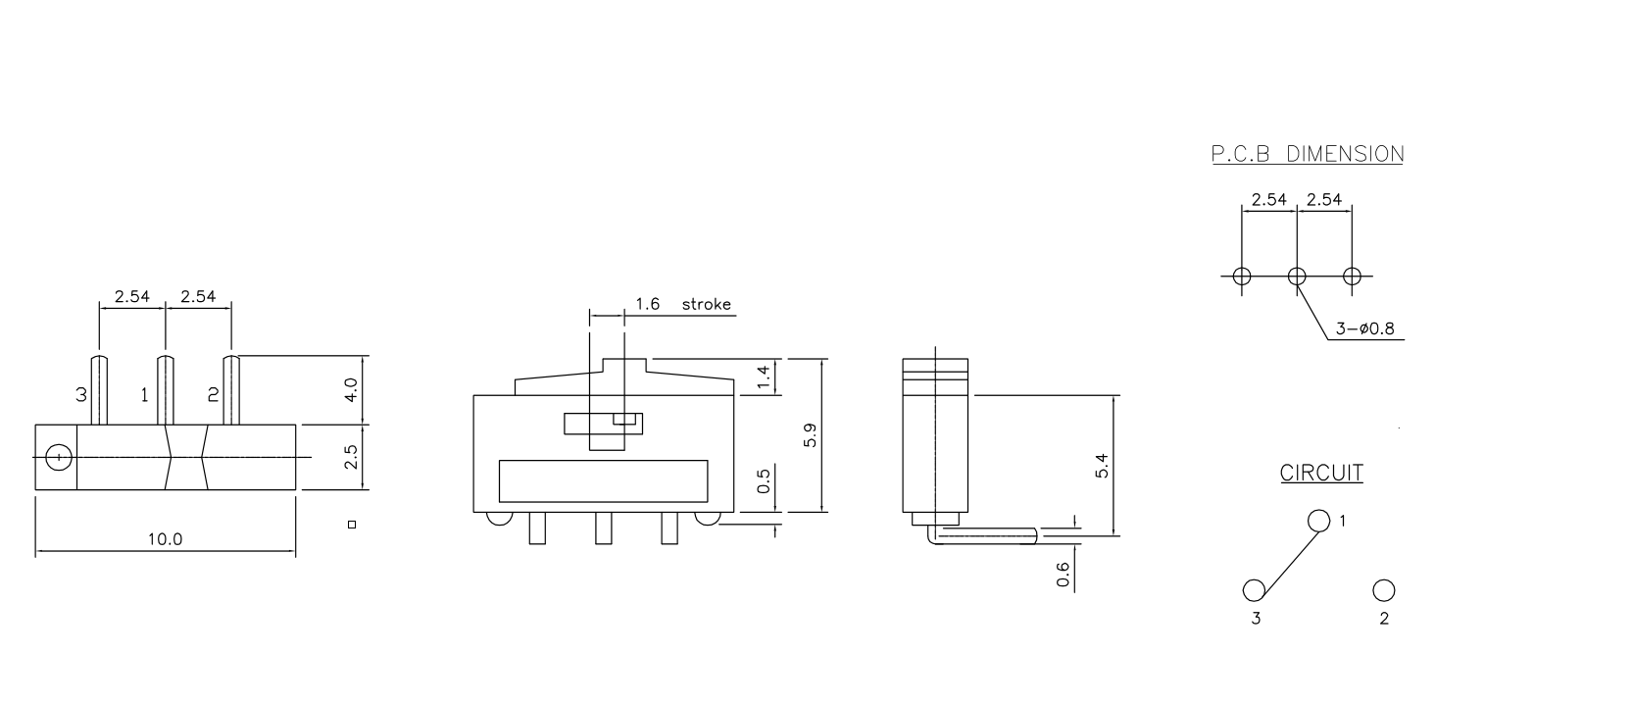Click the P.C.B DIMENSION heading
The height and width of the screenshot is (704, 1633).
tap(1307, 154)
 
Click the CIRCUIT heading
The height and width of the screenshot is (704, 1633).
tap(1321, 473)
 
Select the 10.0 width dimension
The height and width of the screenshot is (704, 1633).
tap(165, 538)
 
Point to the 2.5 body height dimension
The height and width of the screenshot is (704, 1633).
tap(351, 457)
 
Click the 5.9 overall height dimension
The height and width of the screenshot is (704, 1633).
tap(809, 435)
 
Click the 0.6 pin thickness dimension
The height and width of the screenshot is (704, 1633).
tap(1064, 574)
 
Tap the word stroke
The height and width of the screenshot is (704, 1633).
tap(706, 304)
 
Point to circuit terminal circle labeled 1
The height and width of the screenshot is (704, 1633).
tap(1318, 521)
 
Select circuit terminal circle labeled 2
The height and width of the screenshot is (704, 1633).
tap(1383, 590)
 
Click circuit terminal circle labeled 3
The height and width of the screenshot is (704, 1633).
tap(1254, 590)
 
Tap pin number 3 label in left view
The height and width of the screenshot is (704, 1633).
tap(81, 395)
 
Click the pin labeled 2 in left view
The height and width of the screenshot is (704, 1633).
tap(232, 390)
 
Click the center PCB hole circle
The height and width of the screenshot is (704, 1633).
tap(1297, 277)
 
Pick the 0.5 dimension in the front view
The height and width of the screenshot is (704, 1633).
tap(766, 479)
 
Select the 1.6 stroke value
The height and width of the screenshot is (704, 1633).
tap(647, 304)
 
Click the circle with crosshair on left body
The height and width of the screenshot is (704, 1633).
tap(59, 457)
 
